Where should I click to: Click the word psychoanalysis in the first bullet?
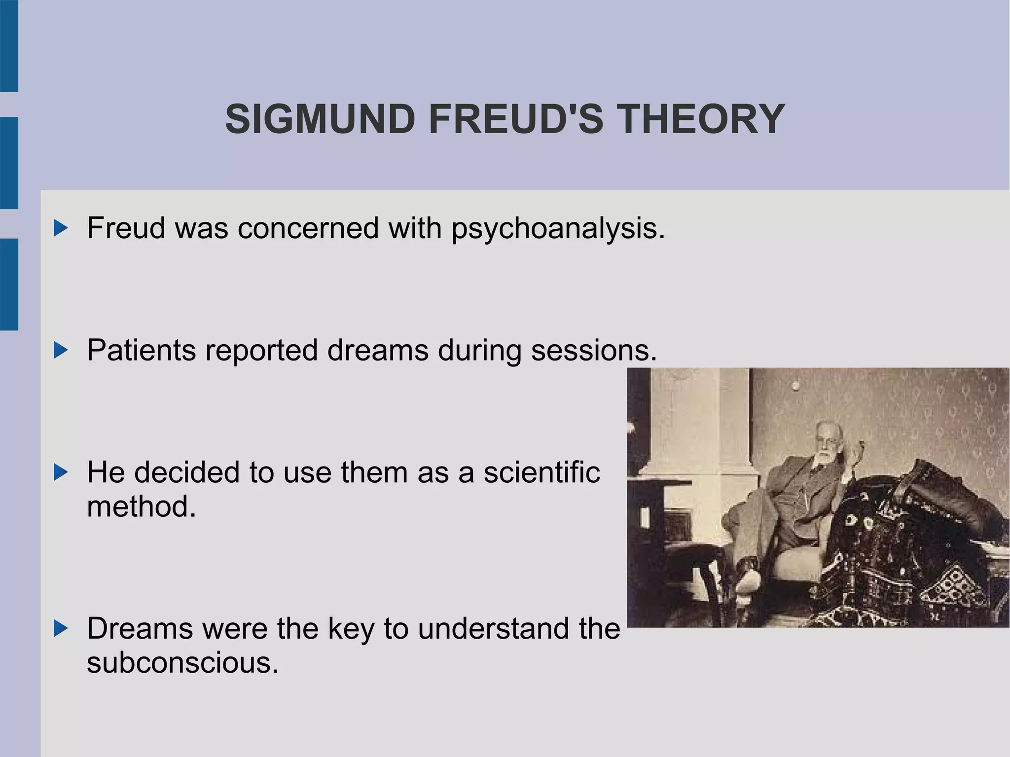coord(558,229)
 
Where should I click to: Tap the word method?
coord(142,506)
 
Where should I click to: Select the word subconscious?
coord(182,662)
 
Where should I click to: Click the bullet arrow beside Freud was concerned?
coord(61,228)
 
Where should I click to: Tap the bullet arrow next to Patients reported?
coord(61,351)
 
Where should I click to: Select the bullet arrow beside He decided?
coord(61,472)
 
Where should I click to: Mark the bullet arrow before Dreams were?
coord(61,629)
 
